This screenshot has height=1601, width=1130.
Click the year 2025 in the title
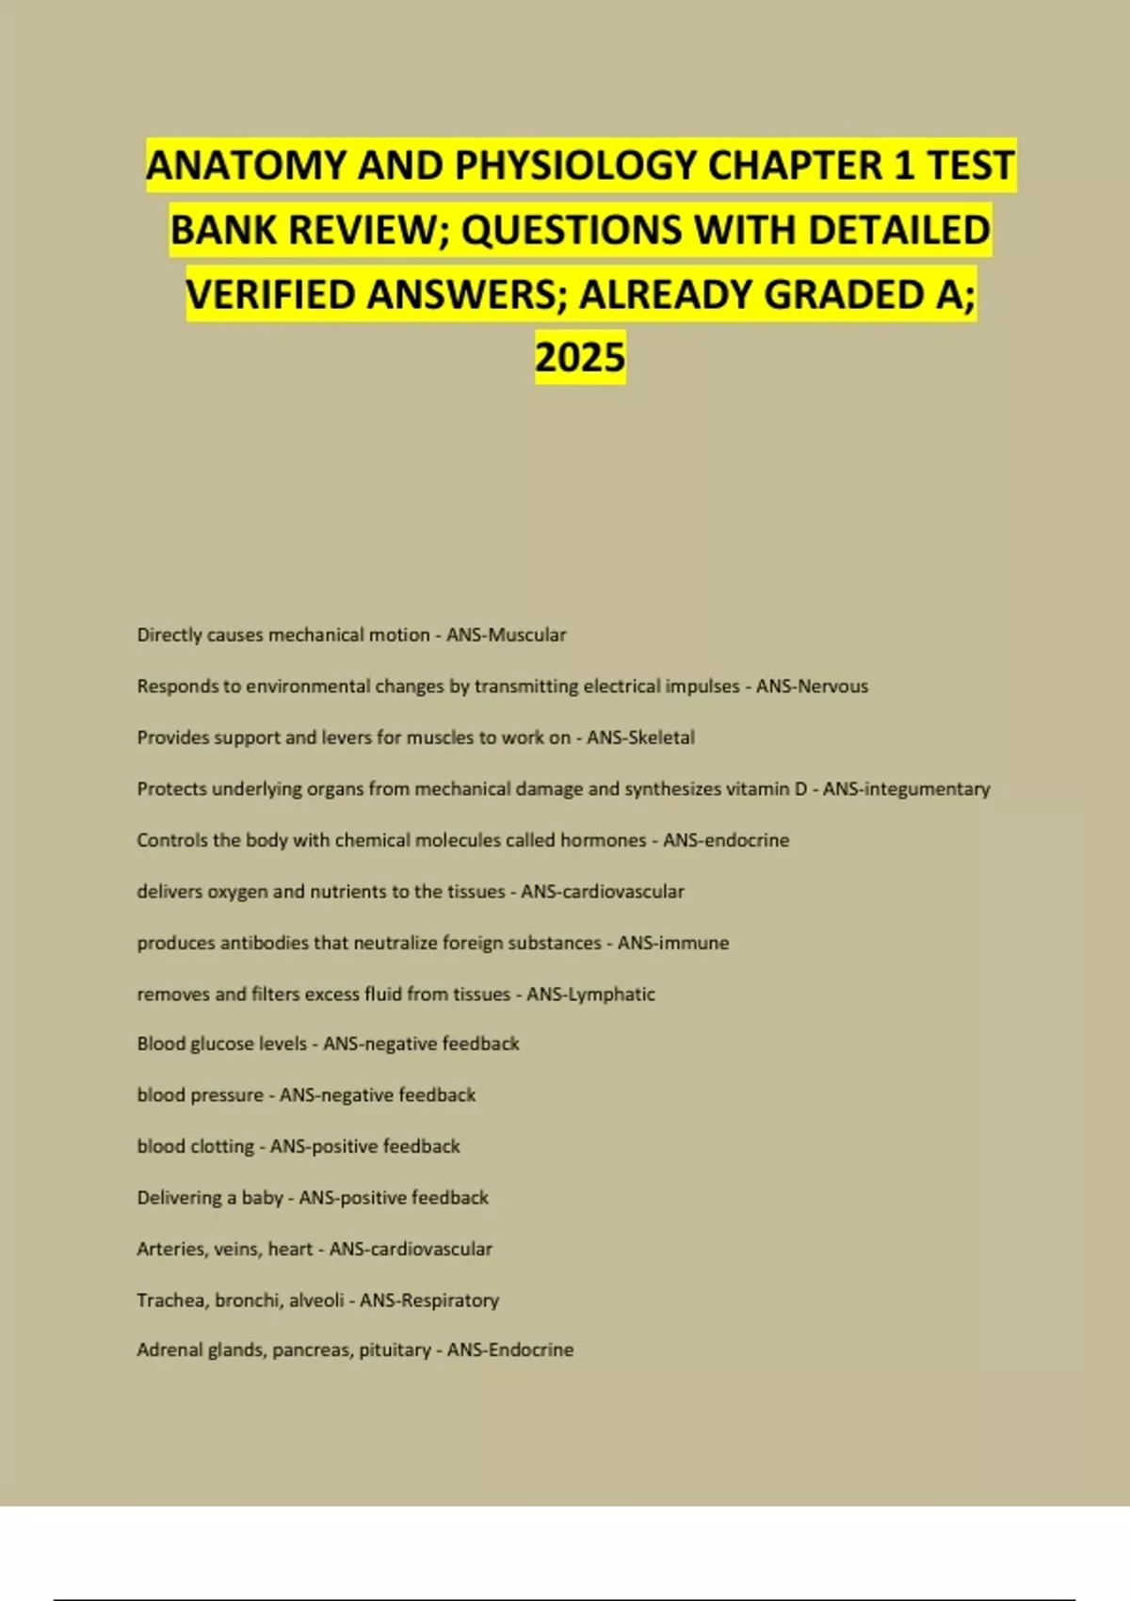[580, 358]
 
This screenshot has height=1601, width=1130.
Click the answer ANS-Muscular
[507, 635]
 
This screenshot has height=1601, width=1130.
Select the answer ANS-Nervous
[812, 687]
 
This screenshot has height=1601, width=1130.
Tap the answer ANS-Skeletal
[640, 737]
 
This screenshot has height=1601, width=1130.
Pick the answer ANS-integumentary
[906, 789]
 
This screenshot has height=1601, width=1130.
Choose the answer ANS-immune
[673, 943]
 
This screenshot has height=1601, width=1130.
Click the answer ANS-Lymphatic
[590, 994]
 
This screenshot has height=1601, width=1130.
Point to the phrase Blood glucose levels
[221, 1043]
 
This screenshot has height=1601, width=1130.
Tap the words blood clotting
[195, 1146]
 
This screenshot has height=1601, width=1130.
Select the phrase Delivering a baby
[209, 1198]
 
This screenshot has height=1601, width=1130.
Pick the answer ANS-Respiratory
[429, 1301]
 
